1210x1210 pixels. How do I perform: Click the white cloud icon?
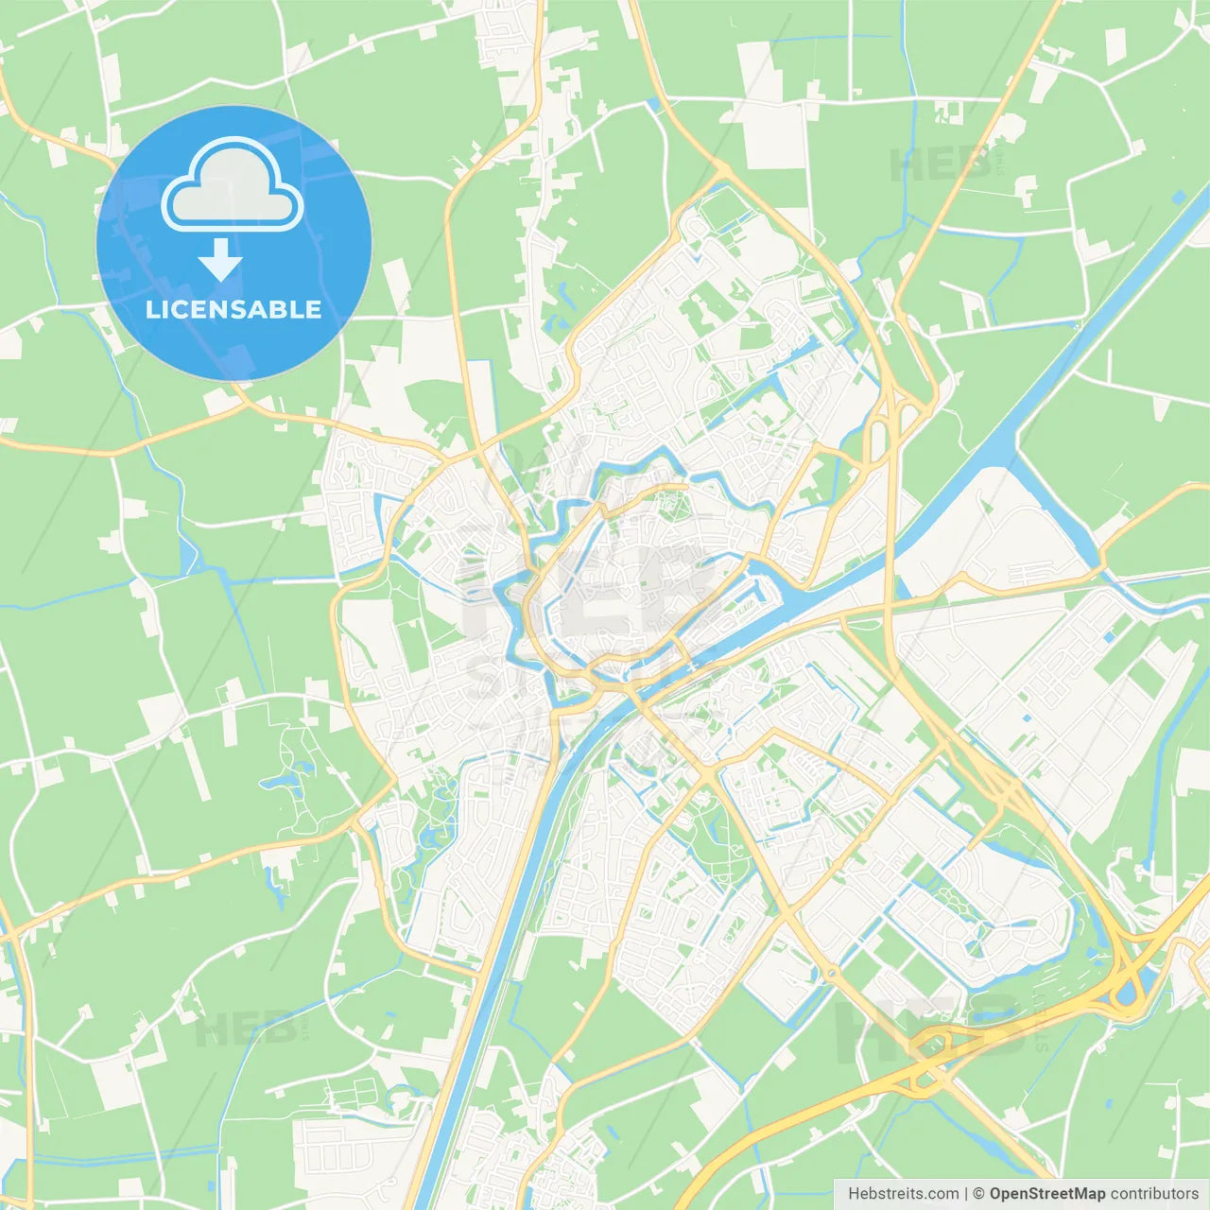pos(233,184)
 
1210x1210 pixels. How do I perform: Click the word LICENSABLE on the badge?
pos(233,309)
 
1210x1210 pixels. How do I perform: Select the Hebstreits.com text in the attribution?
pos(903,1194)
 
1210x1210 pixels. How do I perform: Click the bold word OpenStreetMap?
pos(1046,1194)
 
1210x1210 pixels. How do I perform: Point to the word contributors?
pos(1154,1194)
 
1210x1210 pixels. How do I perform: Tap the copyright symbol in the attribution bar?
pos(978,1194)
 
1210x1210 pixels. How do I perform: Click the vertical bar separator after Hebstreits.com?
pos(965,1194)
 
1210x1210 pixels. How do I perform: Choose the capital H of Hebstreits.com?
pos(854,1194)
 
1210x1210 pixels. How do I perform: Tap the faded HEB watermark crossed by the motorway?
pos(931,1030)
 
